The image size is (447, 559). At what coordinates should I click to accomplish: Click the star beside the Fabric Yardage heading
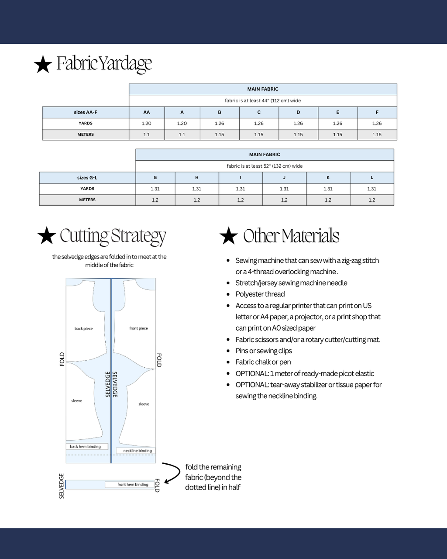point(43,64)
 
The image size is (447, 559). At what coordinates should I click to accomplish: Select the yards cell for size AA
point(147,124)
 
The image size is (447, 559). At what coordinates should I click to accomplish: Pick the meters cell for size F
point(377,135)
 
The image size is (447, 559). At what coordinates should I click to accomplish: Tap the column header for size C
point(259,112)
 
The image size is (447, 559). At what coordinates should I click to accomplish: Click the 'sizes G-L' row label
point(87,178)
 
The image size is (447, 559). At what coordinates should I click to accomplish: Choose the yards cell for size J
point(284,189)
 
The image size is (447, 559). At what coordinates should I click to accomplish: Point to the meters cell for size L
point(371,200)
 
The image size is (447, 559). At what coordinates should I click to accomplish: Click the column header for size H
point(196,178)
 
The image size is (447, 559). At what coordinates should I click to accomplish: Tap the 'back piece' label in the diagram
point(84,328)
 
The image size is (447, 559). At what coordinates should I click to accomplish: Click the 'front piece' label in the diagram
point(138,328)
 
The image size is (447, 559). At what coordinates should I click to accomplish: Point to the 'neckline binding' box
point(136,451)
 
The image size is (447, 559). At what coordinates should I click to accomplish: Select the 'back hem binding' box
point(87,446)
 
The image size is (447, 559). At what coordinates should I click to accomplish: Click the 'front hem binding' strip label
point(133,484)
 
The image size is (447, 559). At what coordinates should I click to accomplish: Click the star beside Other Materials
point(229,235)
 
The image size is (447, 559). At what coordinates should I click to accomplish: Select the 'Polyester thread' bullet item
point(260,294)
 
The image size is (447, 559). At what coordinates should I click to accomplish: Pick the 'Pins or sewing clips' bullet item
point(264,351)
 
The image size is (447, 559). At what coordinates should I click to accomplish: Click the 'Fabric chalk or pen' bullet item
point(263,362)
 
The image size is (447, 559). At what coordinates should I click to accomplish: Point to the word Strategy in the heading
point(138,236)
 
